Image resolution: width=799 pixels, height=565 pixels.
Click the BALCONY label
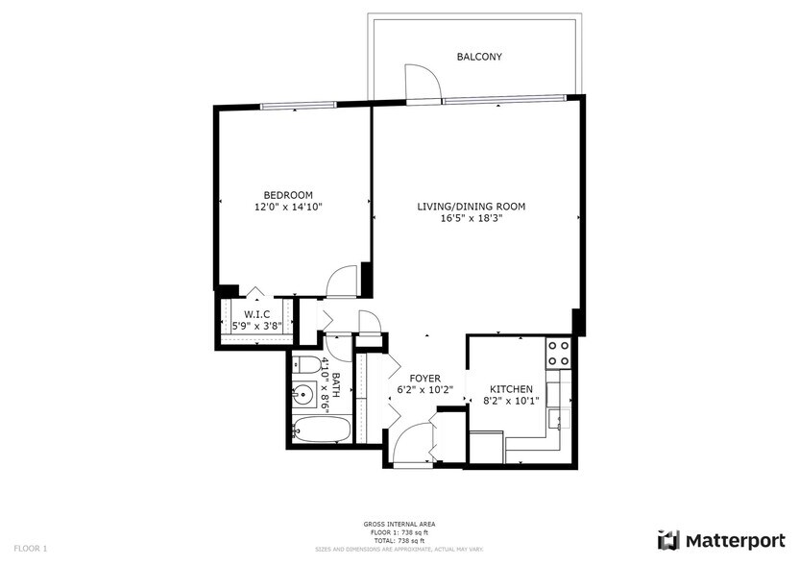tap(478, 57)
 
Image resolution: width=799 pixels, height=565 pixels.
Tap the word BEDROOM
tap(288, 195)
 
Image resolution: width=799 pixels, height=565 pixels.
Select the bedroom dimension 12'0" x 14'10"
tap(288, 207)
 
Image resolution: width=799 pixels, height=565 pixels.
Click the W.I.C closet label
tap(256, 315)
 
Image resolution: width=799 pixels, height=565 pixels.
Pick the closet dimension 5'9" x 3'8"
tap(256, 327)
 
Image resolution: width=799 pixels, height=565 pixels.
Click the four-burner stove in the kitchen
tap(558, 354)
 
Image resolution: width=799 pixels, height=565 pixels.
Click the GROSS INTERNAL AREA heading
tap(399, 524)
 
